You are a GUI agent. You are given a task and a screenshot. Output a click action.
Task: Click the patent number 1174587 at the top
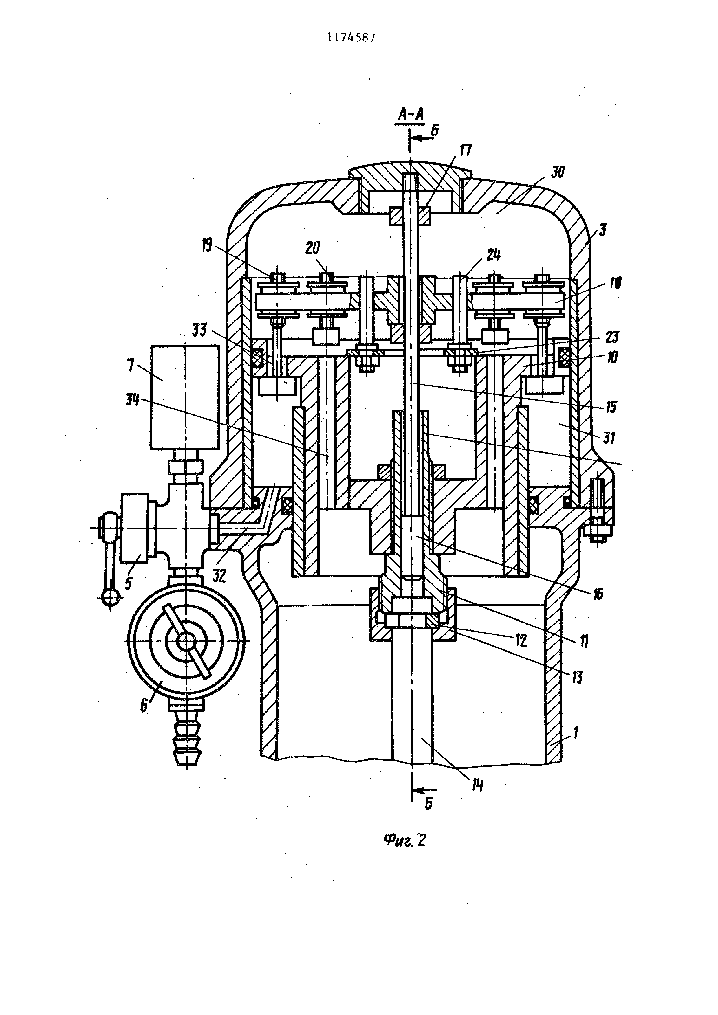coord(351,38)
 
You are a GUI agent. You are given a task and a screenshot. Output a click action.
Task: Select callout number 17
coord(465,150)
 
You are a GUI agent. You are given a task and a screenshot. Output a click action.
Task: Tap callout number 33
coord(200,330)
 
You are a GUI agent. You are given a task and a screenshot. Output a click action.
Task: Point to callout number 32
coord(219,576)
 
